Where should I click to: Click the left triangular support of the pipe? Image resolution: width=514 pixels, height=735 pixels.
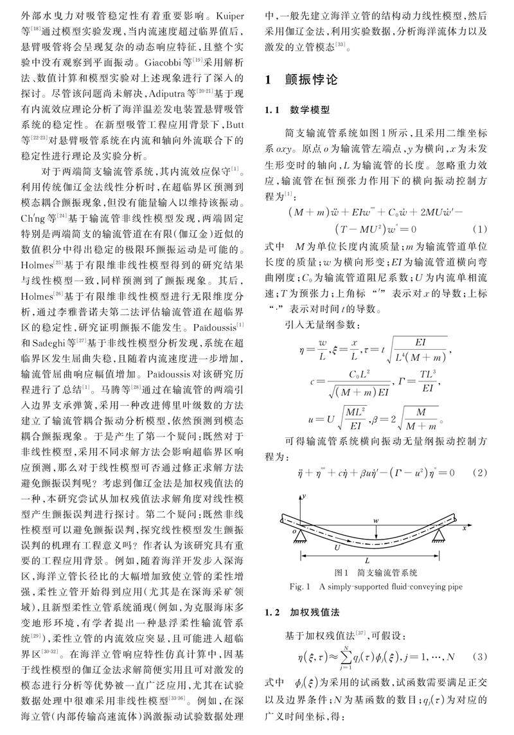click(300, 536)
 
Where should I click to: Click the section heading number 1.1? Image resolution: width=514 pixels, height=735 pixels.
click(274, 110)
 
